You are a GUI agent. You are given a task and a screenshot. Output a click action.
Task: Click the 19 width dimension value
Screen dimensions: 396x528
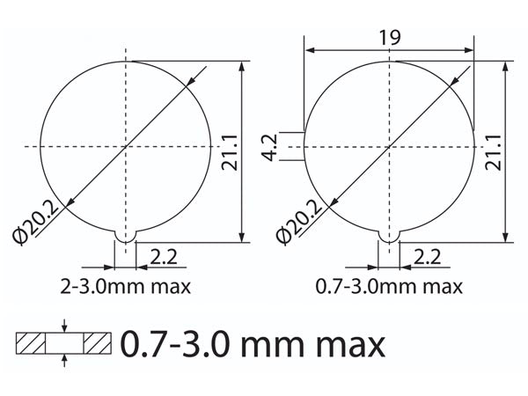coord(391,37)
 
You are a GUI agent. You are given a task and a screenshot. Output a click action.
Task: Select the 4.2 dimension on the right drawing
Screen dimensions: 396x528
coord(274,147)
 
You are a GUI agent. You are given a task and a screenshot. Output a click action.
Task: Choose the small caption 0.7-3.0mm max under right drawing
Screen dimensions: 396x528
coord(390,287)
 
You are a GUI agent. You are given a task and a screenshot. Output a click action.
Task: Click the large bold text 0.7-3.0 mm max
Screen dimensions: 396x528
coord(253,343)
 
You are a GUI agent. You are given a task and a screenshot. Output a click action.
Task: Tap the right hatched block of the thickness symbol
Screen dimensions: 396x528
coord(98,343)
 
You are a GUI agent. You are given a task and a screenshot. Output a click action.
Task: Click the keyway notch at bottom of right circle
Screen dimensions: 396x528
coord(389,236)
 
